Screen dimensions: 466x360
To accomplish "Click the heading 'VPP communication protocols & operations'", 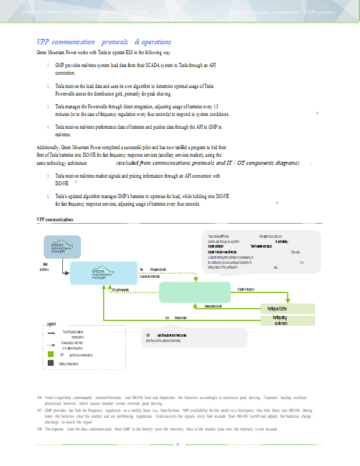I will tap(104, 42).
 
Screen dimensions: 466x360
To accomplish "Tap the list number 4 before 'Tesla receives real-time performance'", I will tap(47, 126).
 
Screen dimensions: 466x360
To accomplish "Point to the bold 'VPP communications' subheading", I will tap(55, 220).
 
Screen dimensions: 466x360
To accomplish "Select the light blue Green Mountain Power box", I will tap(102, 273).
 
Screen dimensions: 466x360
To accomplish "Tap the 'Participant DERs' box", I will tap(287, 308).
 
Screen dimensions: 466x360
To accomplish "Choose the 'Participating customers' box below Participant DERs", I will tap(287, 320).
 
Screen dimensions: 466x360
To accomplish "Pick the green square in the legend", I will tap(51, 354).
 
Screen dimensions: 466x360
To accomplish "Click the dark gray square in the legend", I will tap(51, 363).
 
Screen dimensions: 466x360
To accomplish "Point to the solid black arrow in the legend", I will tap(51, 331).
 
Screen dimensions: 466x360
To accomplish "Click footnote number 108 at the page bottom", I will tap(39, 429).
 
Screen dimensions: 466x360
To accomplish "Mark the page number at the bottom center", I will tap(177, 446).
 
